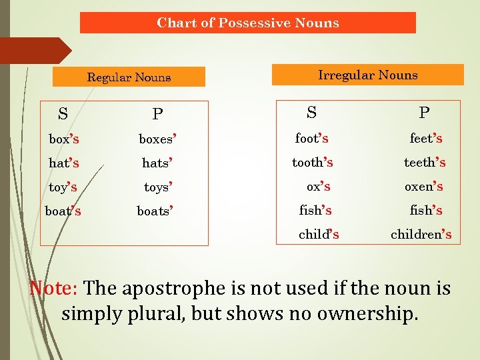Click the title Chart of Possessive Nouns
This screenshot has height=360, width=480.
point(247,23)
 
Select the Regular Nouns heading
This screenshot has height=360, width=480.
point(129,77)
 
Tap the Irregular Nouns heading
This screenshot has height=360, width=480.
point(367,75)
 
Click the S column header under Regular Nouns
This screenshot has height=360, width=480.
point(63,114)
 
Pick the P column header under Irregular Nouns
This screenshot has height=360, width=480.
point(424,112)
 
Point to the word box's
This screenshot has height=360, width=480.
point(64,139)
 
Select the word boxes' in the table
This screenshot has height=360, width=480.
point(157,140)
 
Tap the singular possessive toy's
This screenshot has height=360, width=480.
point(63,187)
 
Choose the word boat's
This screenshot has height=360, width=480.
point(63,211)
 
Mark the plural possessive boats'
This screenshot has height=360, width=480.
point(155,211)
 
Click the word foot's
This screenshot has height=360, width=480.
point(311,139)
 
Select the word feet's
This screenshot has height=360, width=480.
point(426,139)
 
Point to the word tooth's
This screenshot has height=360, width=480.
point(313,163)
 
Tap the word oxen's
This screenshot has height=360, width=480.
point(424,187)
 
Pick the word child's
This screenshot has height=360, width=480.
point(319,234)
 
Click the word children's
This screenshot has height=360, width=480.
point(421,234)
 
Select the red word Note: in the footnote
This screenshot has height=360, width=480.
point(55,289)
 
